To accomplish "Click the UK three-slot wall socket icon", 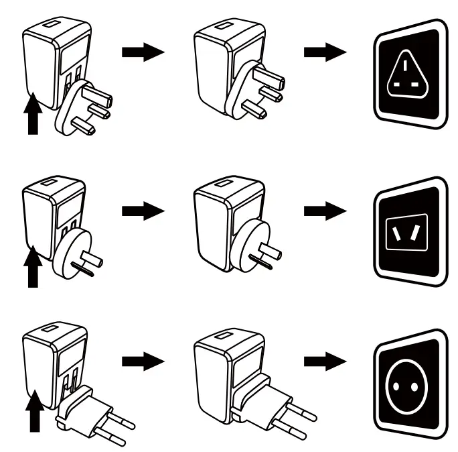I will point(409,72).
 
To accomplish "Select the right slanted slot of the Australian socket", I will point(418,232).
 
